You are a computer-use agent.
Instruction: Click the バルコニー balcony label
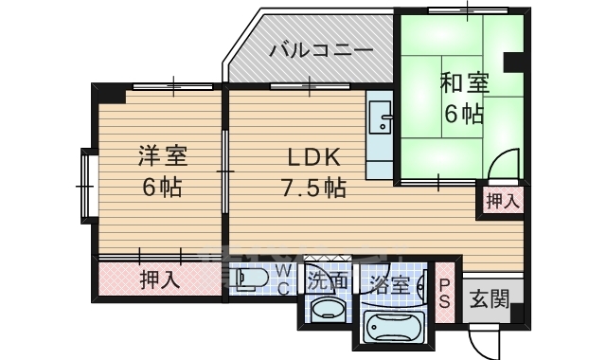[321, 51]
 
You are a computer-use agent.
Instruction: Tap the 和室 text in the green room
[464, 83]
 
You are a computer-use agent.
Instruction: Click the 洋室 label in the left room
[162, 154]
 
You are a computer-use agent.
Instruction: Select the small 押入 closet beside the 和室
[502, 201]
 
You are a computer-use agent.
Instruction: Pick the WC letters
[284, 281]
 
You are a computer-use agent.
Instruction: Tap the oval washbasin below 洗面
[328, 310]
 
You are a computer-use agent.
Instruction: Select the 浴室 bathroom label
[391, 284]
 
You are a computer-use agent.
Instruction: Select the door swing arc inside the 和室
[508, 164]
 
